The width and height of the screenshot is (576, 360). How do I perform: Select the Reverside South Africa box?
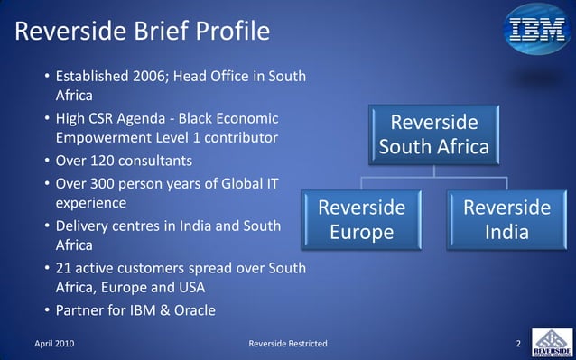click(434, 134)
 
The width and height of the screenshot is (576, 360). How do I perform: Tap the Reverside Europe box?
click(361, 220)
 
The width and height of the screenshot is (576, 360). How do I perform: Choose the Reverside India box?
click(506, 220)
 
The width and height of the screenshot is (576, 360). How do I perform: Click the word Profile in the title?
click(229, 32)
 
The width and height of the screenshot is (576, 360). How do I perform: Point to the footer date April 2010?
click(53, 344)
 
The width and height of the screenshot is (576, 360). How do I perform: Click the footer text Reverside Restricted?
click(288, 344)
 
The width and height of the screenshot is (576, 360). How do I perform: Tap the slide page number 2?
click(518, 344)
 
